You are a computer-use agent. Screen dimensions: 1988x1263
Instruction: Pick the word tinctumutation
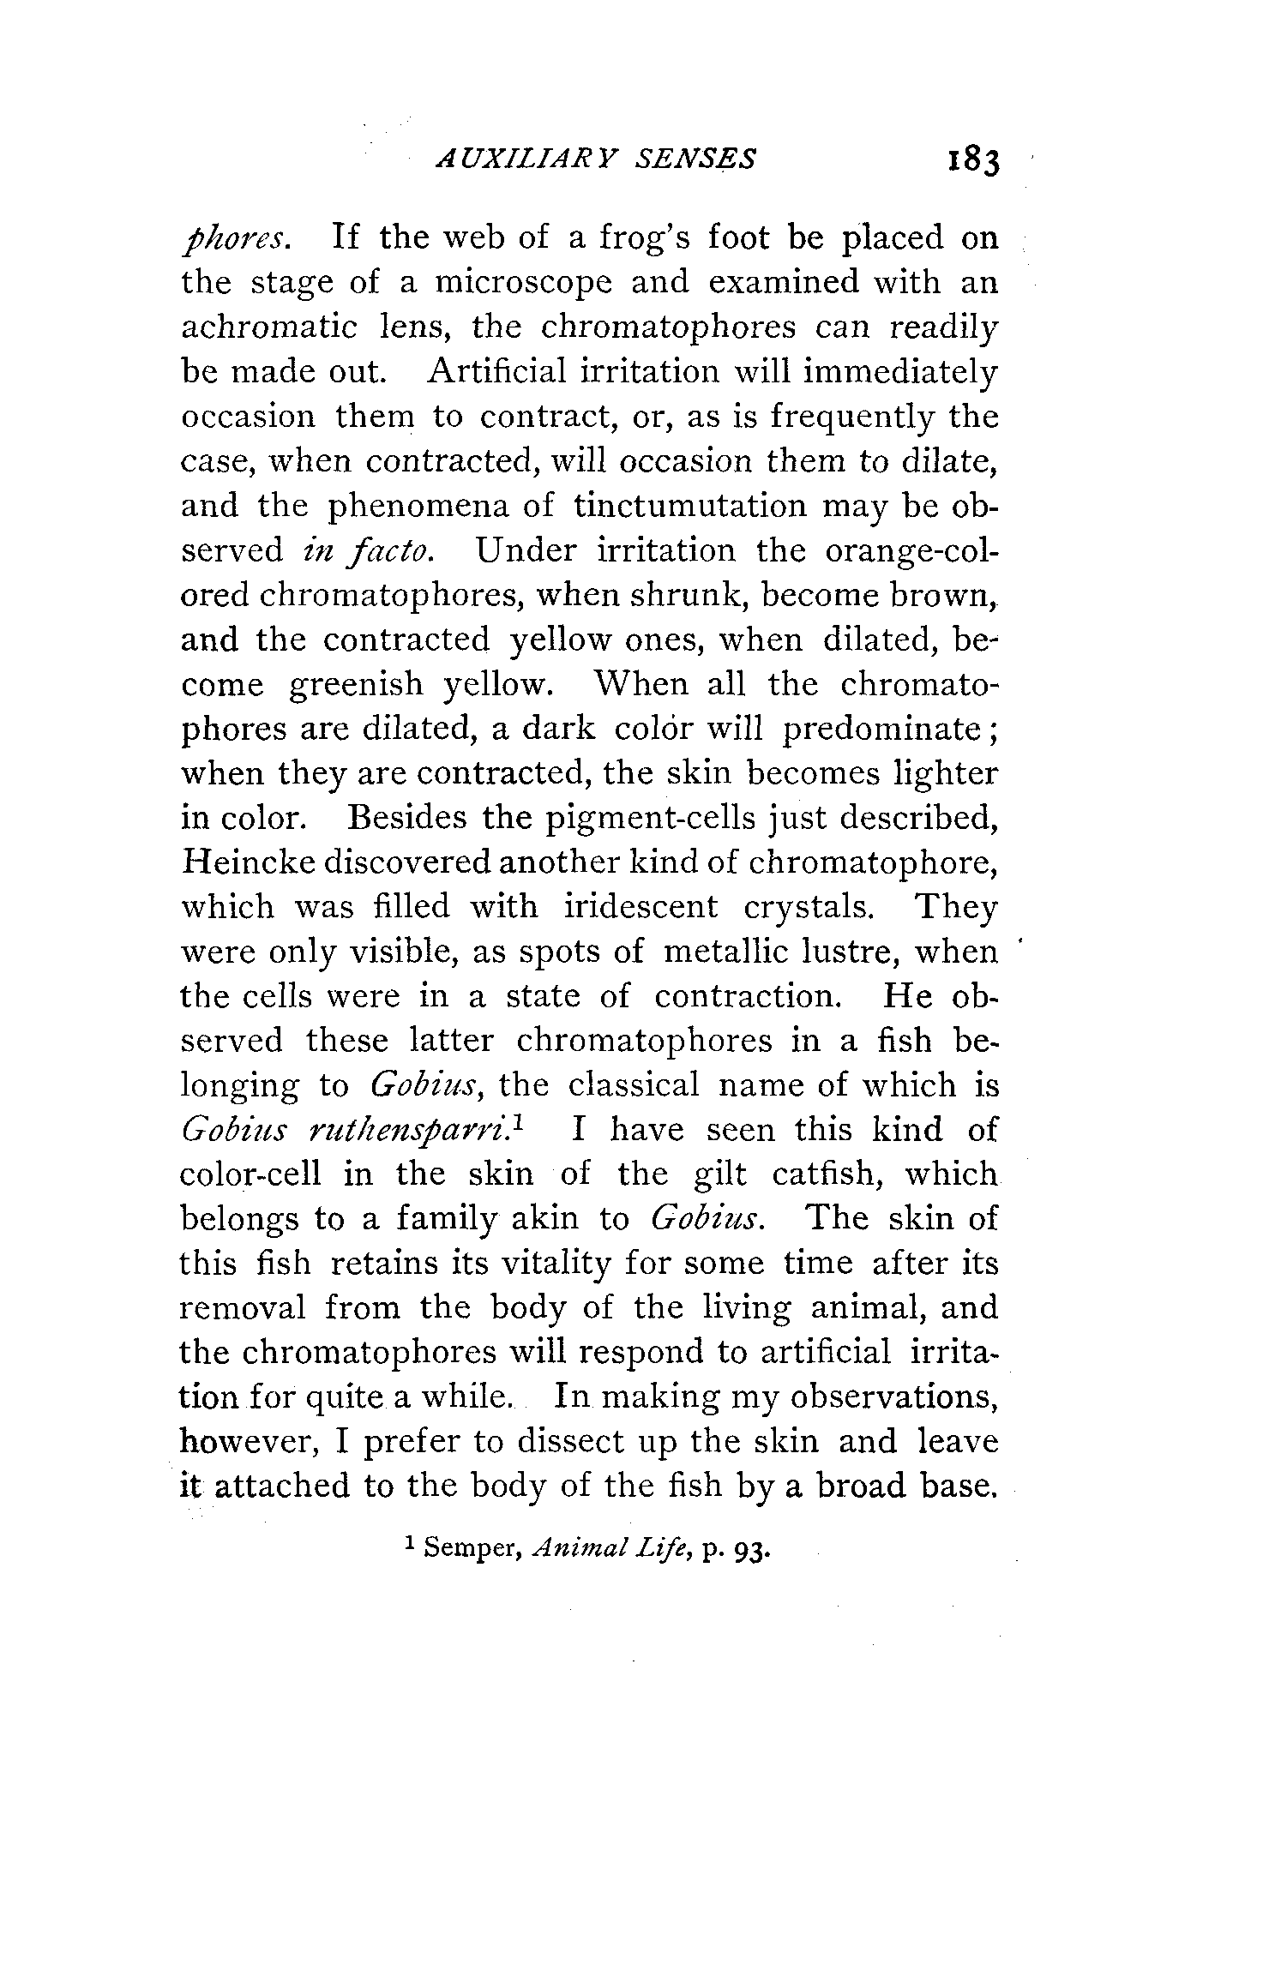(x=690, y=505)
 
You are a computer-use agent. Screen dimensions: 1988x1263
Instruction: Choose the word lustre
(x=851, y=952)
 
